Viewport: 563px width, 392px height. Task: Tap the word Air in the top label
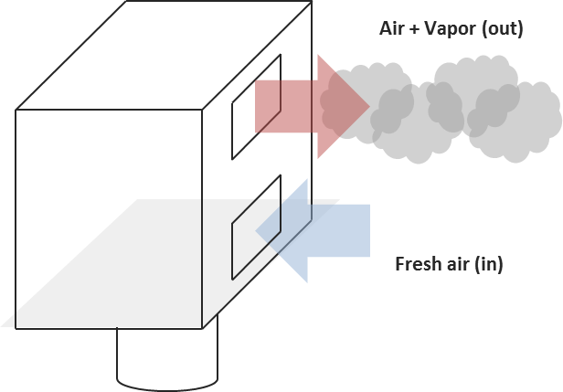(390, 28)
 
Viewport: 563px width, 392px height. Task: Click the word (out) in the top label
(504, 28)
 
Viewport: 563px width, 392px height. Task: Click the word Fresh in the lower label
(415, 265)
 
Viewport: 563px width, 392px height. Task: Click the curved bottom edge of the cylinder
(168, 383)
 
